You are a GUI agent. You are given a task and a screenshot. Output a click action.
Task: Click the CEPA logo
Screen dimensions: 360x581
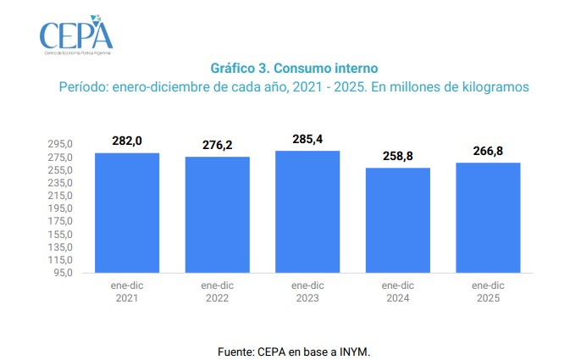point(75,35)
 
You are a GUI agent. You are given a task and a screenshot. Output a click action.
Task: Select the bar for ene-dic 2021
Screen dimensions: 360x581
point(127,213)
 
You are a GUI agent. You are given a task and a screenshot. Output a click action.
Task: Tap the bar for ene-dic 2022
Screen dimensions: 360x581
point(218,215)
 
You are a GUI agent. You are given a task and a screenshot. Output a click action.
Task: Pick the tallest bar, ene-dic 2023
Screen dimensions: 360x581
point(307,212)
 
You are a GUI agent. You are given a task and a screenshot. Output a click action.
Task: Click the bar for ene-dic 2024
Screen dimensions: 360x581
point(398,220)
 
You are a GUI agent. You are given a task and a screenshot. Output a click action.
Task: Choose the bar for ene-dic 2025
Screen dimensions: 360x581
point(488,218)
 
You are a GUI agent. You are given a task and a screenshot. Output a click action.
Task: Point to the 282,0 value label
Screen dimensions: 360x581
point(127,141)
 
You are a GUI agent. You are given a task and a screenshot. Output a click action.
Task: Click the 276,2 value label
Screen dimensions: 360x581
point(218,145)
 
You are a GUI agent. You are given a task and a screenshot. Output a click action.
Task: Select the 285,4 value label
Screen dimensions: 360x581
point(307,138)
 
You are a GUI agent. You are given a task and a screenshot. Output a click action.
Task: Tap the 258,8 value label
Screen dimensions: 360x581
point(398,156)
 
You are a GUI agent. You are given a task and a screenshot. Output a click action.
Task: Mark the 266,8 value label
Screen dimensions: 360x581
point(488,151)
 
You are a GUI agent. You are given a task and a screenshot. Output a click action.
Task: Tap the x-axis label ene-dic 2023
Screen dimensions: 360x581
point(307,292)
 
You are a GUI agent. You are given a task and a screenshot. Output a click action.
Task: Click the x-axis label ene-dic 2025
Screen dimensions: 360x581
point(488,292)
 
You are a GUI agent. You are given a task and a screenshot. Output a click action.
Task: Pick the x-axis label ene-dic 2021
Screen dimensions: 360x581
point(127,292)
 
